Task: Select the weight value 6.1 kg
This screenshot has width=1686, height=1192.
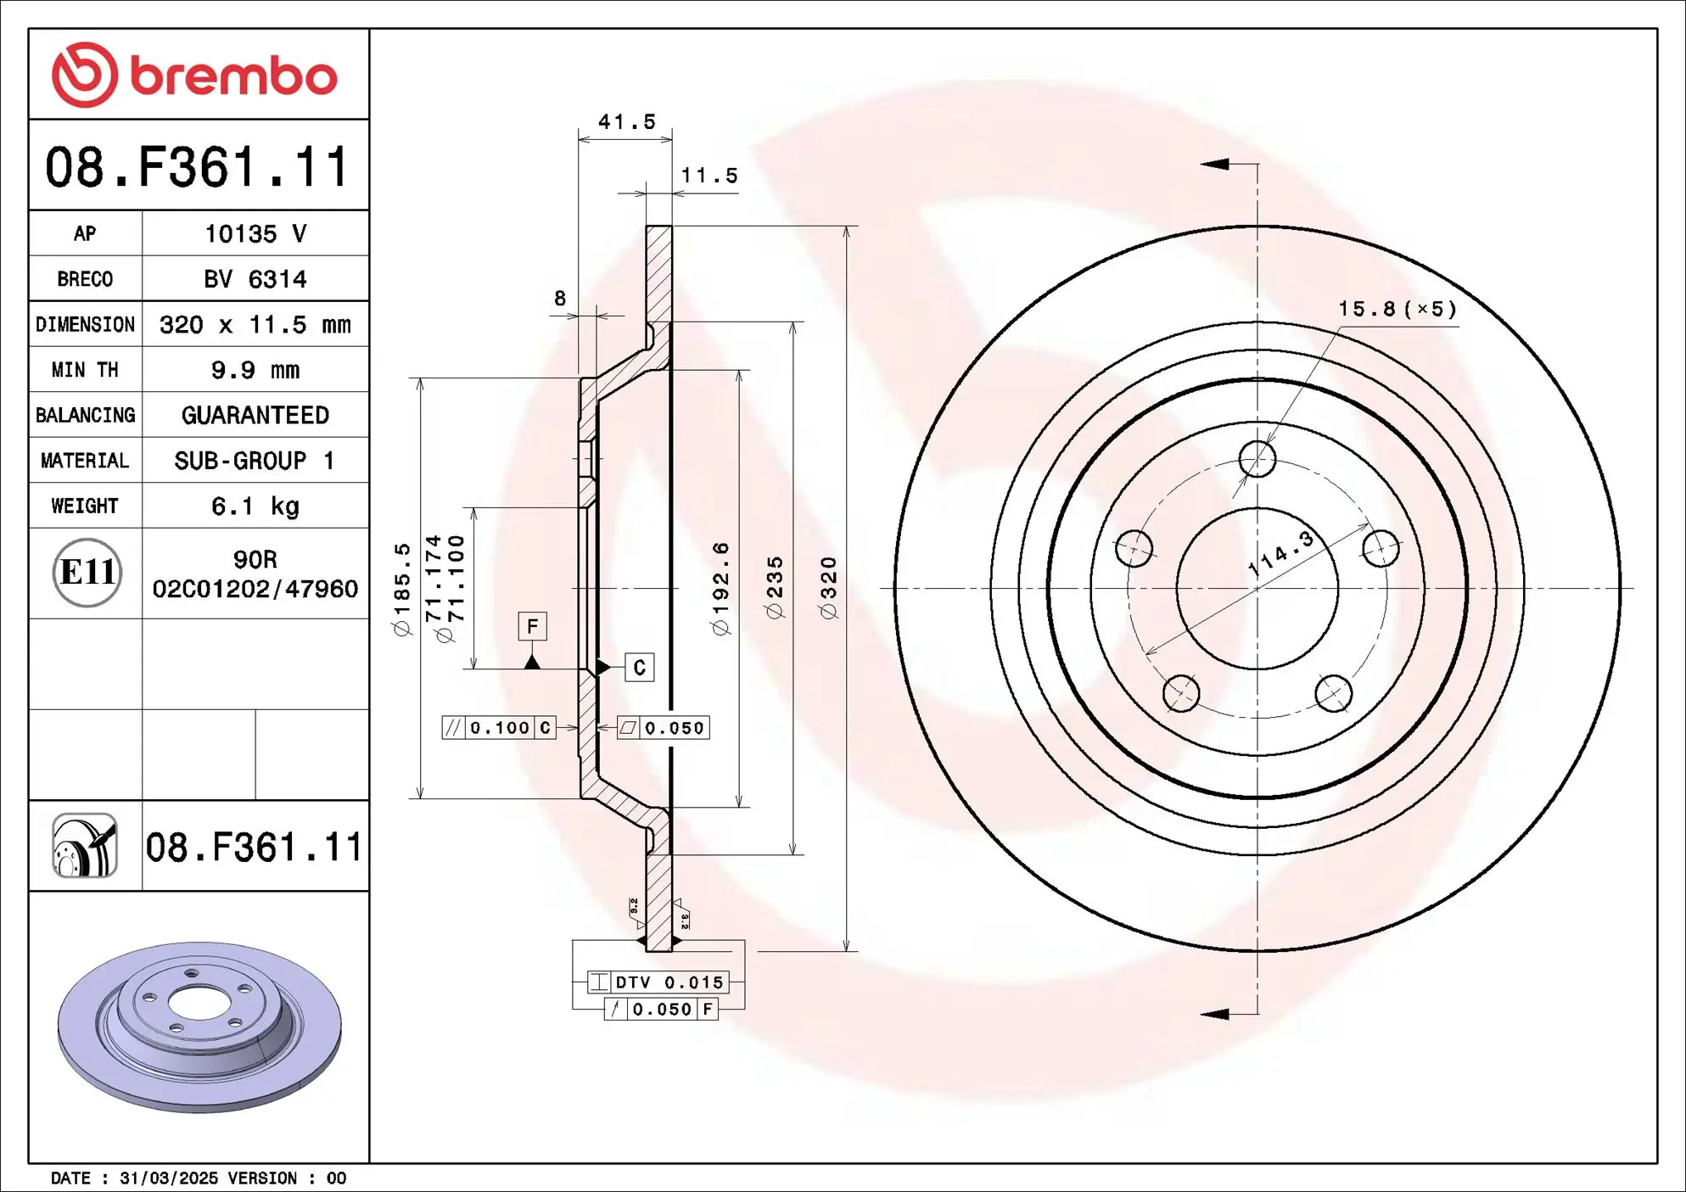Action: pyautogui.click(x=255, y=506)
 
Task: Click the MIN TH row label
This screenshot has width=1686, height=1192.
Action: pyautogui.click(x=85, y=370)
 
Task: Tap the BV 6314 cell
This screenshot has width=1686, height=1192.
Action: pyautogui.click(x=255, y=279)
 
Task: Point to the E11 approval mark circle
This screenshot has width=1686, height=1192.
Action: pyautogui.click(x=87, y=573)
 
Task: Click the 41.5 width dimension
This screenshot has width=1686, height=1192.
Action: pyautogui.click(x=626, y=122)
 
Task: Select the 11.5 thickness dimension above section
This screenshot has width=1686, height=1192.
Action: pyautogui.click(x=709, y=176)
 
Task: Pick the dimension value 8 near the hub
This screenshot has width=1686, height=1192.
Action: pyautogui.click(x=560, y=299)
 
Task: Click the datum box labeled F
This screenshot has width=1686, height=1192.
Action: pyautogui.click(x=532, y=626)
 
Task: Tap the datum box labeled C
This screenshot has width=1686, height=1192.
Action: pyautogui.click(x=639, y=668)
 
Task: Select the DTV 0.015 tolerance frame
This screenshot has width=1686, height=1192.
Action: pyautogui.click(x=658, y=982)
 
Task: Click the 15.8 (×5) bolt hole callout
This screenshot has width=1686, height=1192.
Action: pyautogui.click(x=1398, y=309)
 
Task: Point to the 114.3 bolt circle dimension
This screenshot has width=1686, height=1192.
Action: pyautogui.click(x=1281, y=553)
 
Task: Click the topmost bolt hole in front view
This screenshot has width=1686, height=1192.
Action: pyautogui.click(x=1257, y=459)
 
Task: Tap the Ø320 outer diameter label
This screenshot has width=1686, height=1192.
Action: pyautogui.click(x=828, y=587)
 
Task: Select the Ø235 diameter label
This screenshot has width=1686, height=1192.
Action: pyautogui.click(x=775, y=587)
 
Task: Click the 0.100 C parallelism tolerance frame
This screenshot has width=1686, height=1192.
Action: pyautogui.click(x=499, y=728)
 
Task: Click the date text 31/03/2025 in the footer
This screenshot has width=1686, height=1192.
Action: pyautogui.click(x=169, y=1178)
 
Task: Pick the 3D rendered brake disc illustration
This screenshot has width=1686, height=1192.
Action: pyautogui.click(x=199, y=1027)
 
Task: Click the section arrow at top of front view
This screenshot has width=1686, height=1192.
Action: pyautogui.click(x=1216, y=164)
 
